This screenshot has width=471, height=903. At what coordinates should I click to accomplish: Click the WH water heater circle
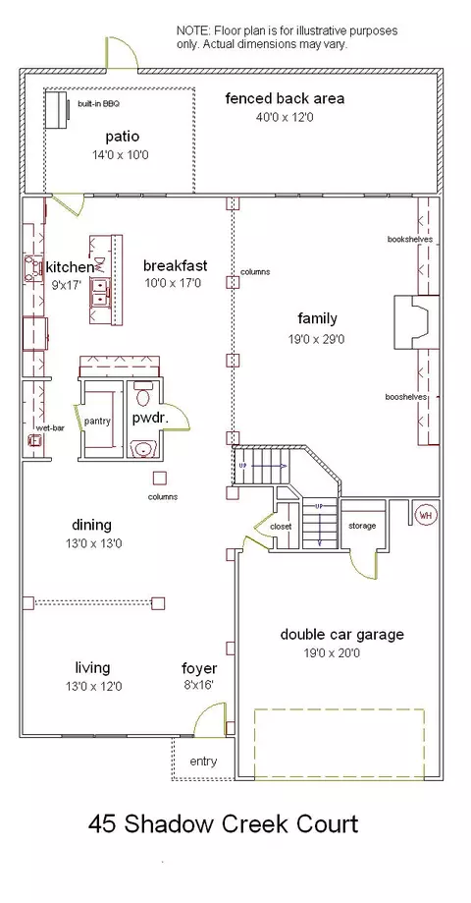pos(426,515)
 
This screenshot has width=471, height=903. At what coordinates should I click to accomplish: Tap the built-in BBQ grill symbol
pos(58,109)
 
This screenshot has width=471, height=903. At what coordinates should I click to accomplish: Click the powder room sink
pos(144,448)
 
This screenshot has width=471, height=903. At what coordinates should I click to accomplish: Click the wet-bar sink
pos(35,440)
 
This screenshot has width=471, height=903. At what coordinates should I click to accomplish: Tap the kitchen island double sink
pos(101,292)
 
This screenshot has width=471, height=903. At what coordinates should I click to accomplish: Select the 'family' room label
pos(318,318)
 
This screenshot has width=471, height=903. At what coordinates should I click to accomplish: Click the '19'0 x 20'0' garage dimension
pos(333,653)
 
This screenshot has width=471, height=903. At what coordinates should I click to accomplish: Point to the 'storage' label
pos(362,526)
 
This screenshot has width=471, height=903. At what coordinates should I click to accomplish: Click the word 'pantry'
pos(97,421)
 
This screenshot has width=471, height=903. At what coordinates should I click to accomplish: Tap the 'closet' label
pos(281,527)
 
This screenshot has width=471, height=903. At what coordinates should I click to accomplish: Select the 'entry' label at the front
pos(203,762)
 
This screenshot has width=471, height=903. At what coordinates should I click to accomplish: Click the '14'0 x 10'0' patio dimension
pos(121,155)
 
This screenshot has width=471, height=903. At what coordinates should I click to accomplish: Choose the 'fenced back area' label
pos(286,98)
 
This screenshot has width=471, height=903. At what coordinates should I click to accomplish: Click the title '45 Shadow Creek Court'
pos(223,823)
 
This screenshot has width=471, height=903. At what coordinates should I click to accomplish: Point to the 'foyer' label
pos(199,668)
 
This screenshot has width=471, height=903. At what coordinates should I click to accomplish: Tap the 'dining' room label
pos(92,526)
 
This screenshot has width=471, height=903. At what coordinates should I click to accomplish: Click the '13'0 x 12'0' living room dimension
pos(94,687)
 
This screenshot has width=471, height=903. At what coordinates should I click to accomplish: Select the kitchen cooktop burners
pos(31,269)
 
